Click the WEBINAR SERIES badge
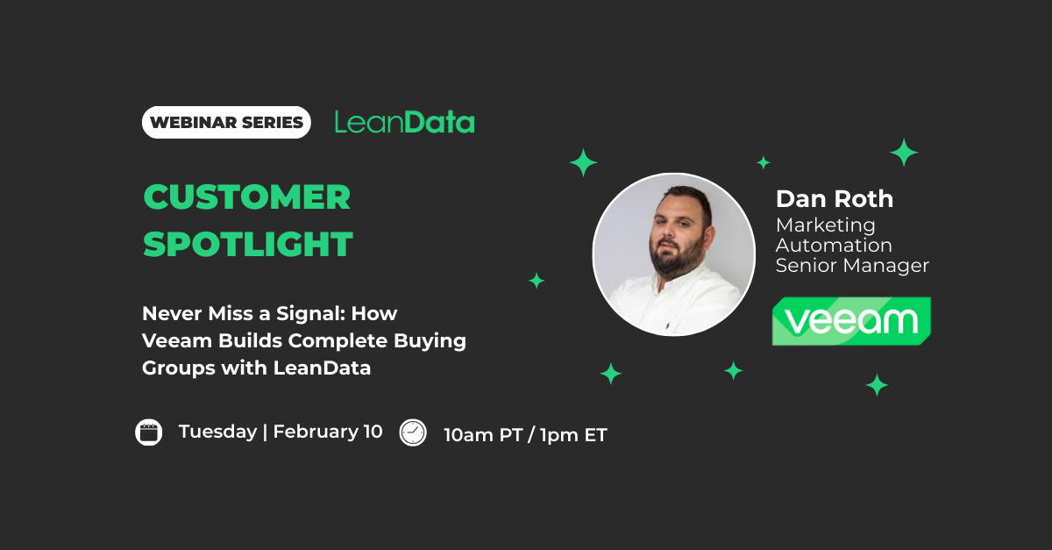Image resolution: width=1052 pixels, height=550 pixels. coord(226,123)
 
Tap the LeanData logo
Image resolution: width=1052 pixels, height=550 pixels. coord(404,122)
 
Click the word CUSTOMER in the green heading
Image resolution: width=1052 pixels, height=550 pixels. coord(247,197)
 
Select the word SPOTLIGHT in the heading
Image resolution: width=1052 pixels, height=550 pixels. coord(248,245)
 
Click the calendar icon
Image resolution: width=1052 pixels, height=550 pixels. coord(149,432)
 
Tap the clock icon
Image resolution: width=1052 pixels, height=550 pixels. coord(413,432)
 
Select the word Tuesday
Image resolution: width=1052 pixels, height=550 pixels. coord(217,432)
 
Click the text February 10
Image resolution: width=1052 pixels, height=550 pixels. coord(328,432)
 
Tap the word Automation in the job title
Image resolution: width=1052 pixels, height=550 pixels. coord(834,246)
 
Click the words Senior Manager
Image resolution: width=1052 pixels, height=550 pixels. coord(852,266)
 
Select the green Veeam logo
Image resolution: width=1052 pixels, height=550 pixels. coord(851,321)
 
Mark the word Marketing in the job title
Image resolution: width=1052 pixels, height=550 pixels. coord(826,225)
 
